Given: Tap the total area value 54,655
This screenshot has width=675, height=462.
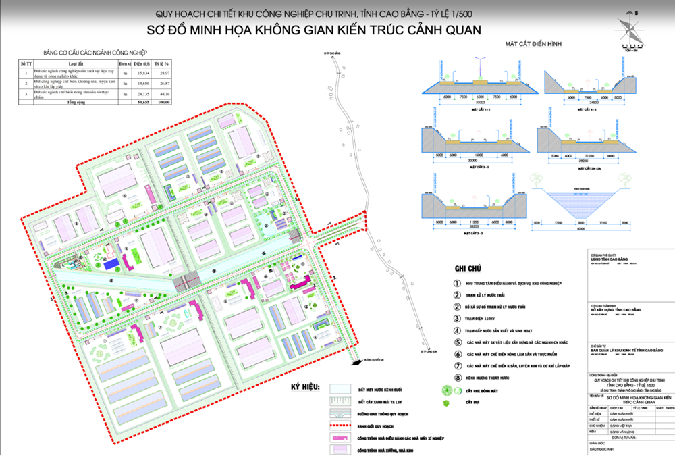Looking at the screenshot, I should point(142,102).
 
